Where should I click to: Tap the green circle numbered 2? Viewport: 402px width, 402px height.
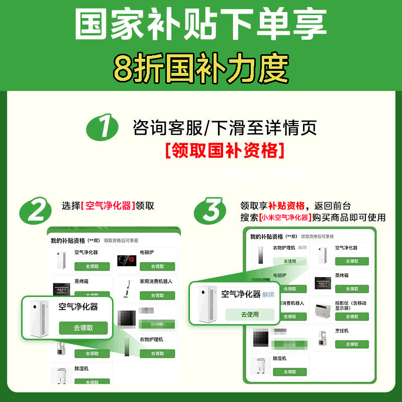(36, 212)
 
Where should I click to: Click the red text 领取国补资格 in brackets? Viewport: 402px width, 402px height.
(225, 150)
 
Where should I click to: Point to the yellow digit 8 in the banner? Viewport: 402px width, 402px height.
(124, 68)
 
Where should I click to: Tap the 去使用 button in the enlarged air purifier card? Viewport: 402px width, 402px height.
(250, 314)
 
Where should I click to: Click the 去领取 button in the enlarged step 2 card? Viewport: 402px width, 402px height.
(83, 328)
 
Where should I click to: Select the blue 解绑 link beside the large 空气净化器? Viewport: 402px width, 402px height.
(268, 294)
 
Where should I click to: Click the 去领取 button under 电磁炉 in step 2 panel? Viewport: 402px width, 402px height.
(157, 266)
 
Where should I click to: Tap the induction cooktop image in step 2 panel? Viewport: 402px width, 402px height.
(128, 260)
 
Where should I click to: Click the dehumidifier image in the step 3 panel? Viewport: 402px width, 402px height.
(260, 366)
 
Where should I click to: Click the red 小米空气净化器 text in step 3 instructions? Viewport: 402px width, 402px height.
(284, 218)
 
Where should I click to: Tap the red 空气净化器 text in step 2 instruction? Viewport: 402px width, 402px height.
(108, 206)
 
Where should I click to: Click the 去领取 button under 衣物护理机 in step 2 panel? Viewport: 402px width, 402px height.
(157, 353)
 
